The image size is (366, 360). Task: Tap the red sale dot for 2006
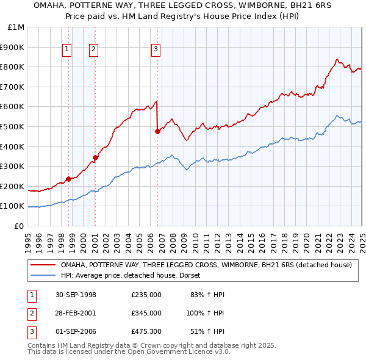(158, 131)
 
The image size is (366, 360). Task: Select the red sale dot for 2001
(96, 157)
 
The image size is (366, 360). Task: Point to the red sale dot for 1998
(68, 179)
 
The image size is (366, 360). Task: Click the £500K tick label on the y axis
(12, 126)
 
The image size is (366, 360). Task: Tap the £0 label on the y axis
(19, 226)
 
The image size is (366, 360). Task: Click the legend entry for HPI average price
(135, 275)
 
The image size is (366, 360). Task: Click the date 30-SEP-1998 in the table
(76, 295)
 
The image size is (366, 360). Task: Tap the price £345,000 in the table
(146, 312)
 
